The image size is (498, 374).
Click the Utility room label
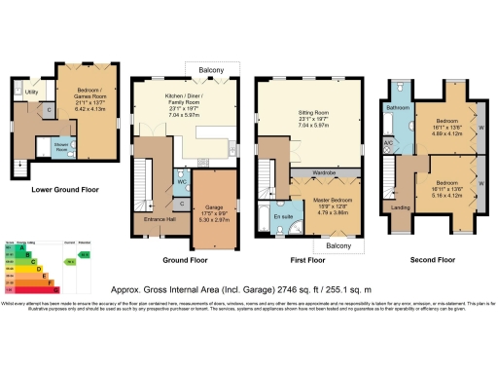coord(31,93)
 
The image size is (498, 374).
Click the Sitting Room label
coord(313,118)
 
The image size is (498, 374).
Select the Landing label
coord(399,206)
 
